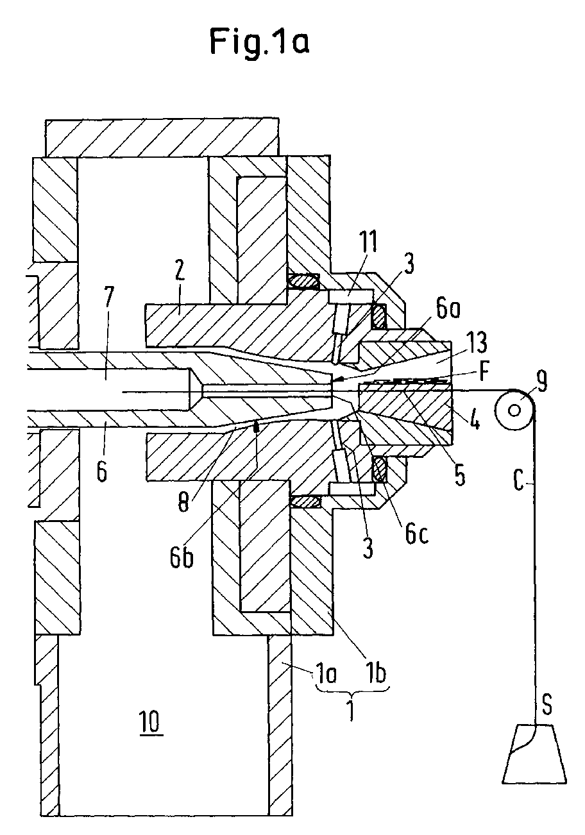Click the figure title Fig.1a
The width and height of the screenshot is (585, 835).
260,42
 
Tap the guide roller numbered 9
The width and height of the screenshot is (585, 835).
514,410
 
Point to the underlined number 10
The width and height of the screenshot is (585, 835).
151,721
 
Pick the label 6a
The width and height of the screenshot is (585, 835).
448,310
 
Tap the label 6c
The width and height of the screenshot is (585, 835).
417,534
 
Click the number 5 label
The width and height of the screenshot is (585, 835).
460,476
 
